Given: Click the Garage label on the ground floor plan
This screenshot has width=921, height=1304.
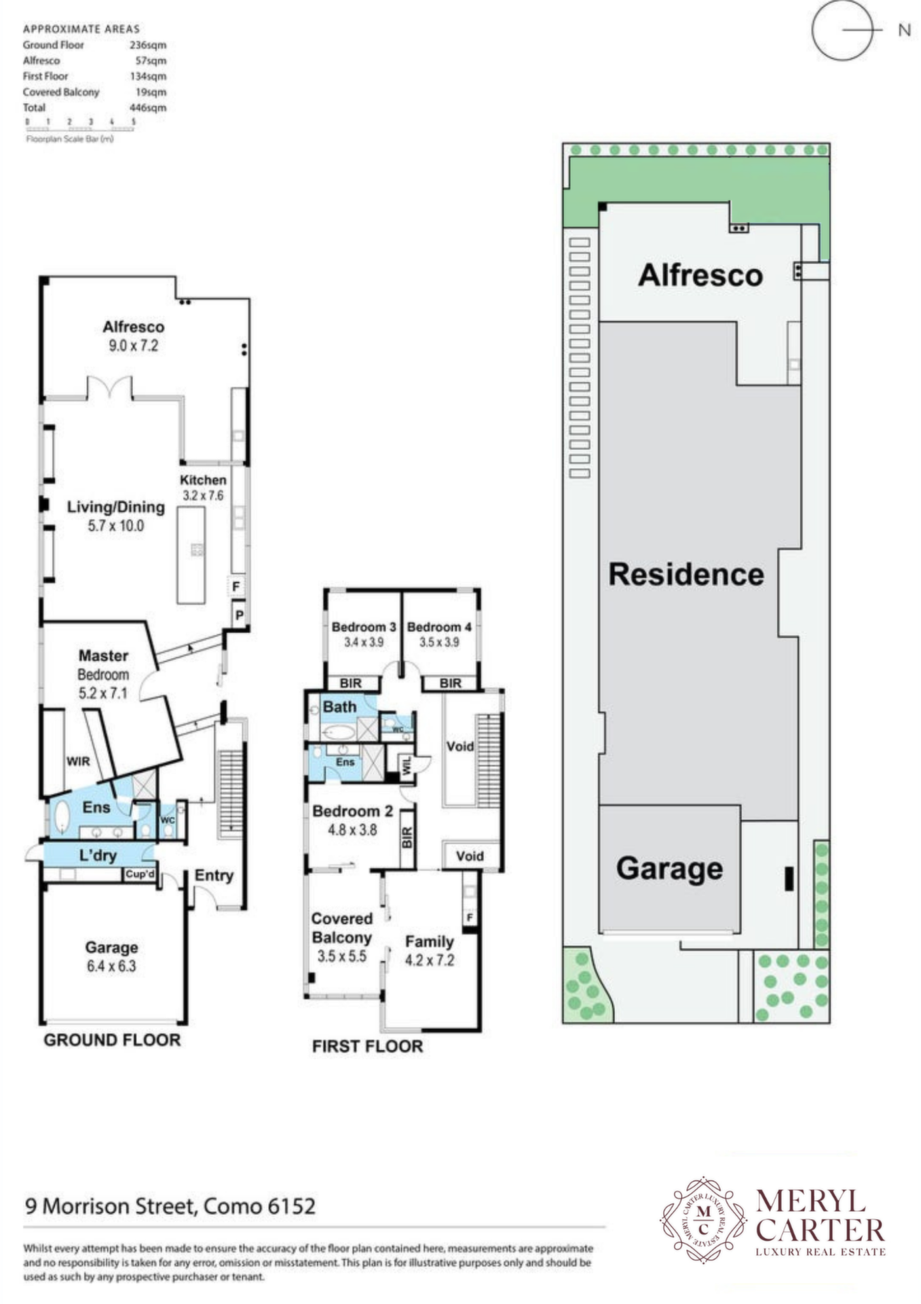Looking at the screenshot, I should point(111,947).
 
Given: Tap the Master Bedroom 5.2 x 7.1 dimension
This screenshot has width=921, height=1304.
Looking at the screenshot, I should point(103,693).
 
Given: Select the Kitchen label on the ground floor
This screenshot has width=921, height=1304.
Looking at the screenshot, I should point(203,479).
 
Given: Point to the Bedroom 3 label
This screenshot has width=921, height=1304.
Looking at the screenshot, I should point(363,627).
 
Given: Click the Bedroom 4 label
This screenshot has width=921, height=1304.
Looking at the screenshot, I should point(439,627).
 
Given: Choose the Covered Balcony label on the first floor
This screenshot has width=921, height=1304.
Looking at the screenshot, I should point(341,928).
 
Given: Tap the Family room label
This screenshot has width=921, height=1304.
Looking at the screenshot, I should point(429,942).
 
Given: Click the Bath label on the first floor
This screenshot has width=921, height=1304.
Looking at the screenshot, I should point(339,707).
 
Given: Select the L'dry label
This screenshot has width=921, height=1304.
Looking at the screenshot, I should point(98,856).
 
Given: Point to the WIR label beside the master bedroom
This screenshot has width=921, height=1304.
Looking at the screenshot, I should point(78,761).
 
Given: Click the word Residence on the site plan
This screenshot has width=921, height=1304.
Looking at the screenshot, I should point(685,575).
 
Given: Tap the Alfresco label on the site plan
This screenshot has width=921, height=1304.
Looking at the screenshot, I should point(700,275).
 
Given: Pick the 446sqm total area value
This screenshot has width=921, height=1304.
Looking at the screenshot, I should point(147,107).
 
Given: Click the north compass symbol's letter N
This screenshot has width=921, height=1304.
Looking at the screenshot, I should point(904,30).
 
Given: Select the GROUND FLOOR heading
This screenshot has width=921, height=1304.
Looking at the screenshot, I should point(112,1040).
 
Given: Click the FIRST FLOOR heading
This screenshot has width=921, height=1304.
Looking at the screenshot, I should point(367,1046).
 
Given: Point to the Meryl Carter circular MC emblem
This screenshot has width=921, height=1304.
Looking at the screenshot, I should point(704,1220).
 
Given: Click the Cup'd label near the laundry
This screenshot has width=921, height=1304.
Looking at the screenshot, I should point(140,874).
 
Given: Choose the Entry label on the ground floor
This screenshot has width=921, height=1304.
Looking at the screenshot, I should point(214,875).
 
